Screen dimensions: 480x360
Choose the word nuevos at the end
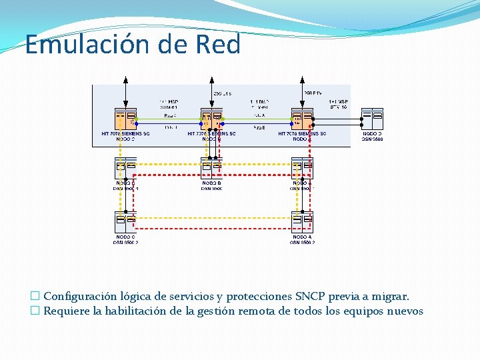[403, 311]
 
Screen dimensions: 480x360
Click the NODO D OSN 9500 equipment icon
[372, 118]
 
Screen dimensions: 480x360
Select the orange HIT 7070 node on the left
[125, 119]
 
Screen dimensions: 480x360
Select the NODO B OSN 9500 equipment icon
[211, 167]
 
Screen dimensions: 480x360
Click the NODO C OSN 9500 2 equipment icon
[125, 221]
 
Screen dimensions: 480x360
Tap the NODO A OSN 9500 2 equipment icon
[302, 221]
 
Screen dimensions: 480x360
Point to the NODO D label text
[372, 133]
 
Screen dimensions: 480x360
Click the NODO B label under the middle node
[211, 183]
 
